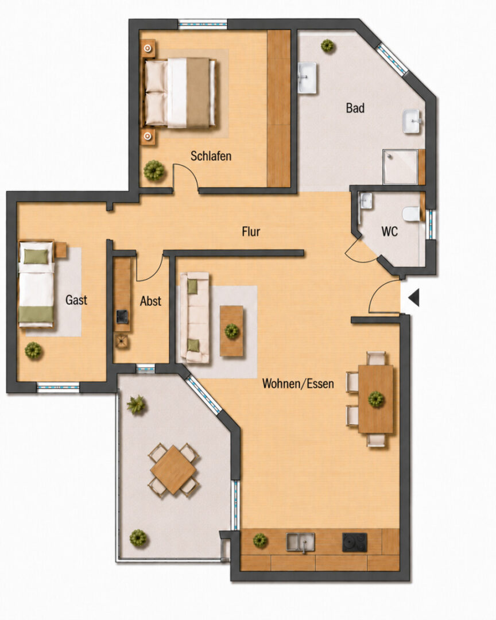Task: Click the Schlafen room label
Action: click(x=211, y=156)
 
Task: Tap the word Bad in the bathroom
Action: click(x=355, y=108)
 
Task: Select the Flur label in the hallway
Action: click(x=251, y=231)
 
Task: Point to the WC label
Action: click(x=390, y=231)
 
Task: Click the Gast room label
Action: click(x=76, y=300)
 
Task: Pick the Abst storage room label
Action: click(x=150, y=301)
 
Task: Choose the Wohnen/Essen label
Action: click(x=298, y=383)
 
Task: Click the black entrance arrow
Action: click(x=414, y=297)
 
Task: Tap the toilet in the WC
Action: click(x=412, y=214)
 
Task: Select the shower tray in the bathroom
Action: click(x=400, y=166)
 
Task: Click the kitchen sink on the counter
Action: click(x=301, y=542)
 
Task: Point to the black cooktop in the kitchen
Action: click(x=354, y=542)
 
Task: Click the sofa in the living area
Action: click(x=195, y=317)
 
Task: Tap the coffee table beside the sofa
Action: click(x=232, y=331)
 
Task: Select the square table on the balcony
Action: click(x=173, y=470)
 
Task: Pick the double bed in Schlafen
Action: click(x=180, y=94)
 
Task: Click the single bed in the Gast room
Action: click(x=36, y=284)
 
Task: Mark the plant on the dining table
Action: click(x=376, y=400)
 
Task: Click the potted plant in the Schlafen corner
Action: click(x=154, y=171)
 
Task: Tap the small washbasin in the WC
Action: click(x=366, y=200)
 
